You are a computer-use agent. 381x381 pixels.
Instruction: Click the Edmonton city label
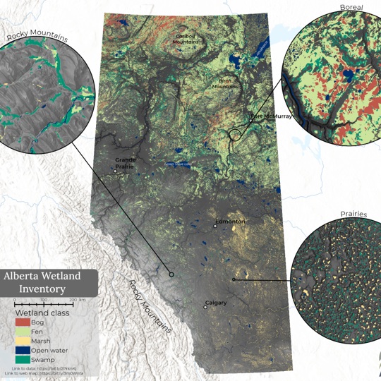(x=230, y=222)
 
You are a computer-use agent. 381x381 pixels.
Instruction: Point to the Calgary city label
(x=216, y=303)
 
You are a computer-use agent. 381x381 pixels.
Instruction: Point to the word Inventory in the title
(x=42, y=289)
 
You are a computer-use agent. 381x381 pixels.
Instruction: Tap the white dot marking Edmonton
(x=215, y=226)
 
